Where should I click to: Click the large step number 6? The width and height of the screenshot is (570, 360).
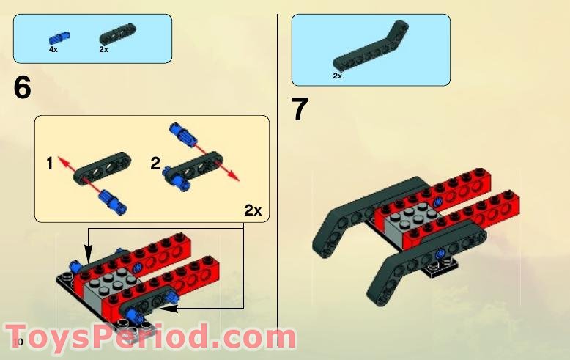pyautogui.click(x=22, y=88)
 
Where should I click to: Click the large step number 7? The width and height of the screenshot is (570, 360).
pyautogui.click(x=300, y=110)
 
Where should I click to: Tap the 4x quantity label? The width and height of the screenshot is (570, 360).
pyautogui.click(x=53, y=49)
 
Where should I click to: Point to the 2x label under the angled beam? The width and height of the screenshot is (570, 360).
pyautogui.click(x=337, y=76)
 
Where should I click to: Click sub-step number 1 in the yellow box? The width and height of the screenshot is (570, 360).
pyautogui.click(x=49, y=164)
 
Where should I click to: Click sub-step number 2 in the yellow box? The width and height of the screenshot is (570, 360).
pyautogui.click(x=155, y=164)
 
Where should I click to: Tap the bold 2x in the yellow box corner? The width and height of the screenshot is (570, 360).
pyautogui.click(x=253, y=210)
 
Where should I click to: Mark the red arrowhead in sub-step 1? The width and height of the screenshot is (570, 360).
pyautogui.click(x=62, y=158)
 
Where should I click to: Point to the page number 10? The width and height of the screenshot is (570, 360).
pyautogui.click(x=18, y=342)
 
